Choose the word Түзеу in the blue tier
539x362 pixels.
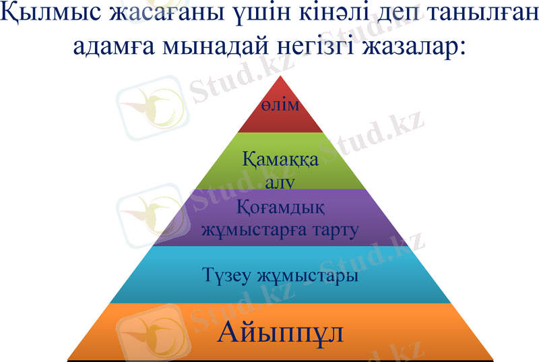(224, 276)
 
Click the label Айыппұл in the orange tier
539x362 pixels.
(281, 332)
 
